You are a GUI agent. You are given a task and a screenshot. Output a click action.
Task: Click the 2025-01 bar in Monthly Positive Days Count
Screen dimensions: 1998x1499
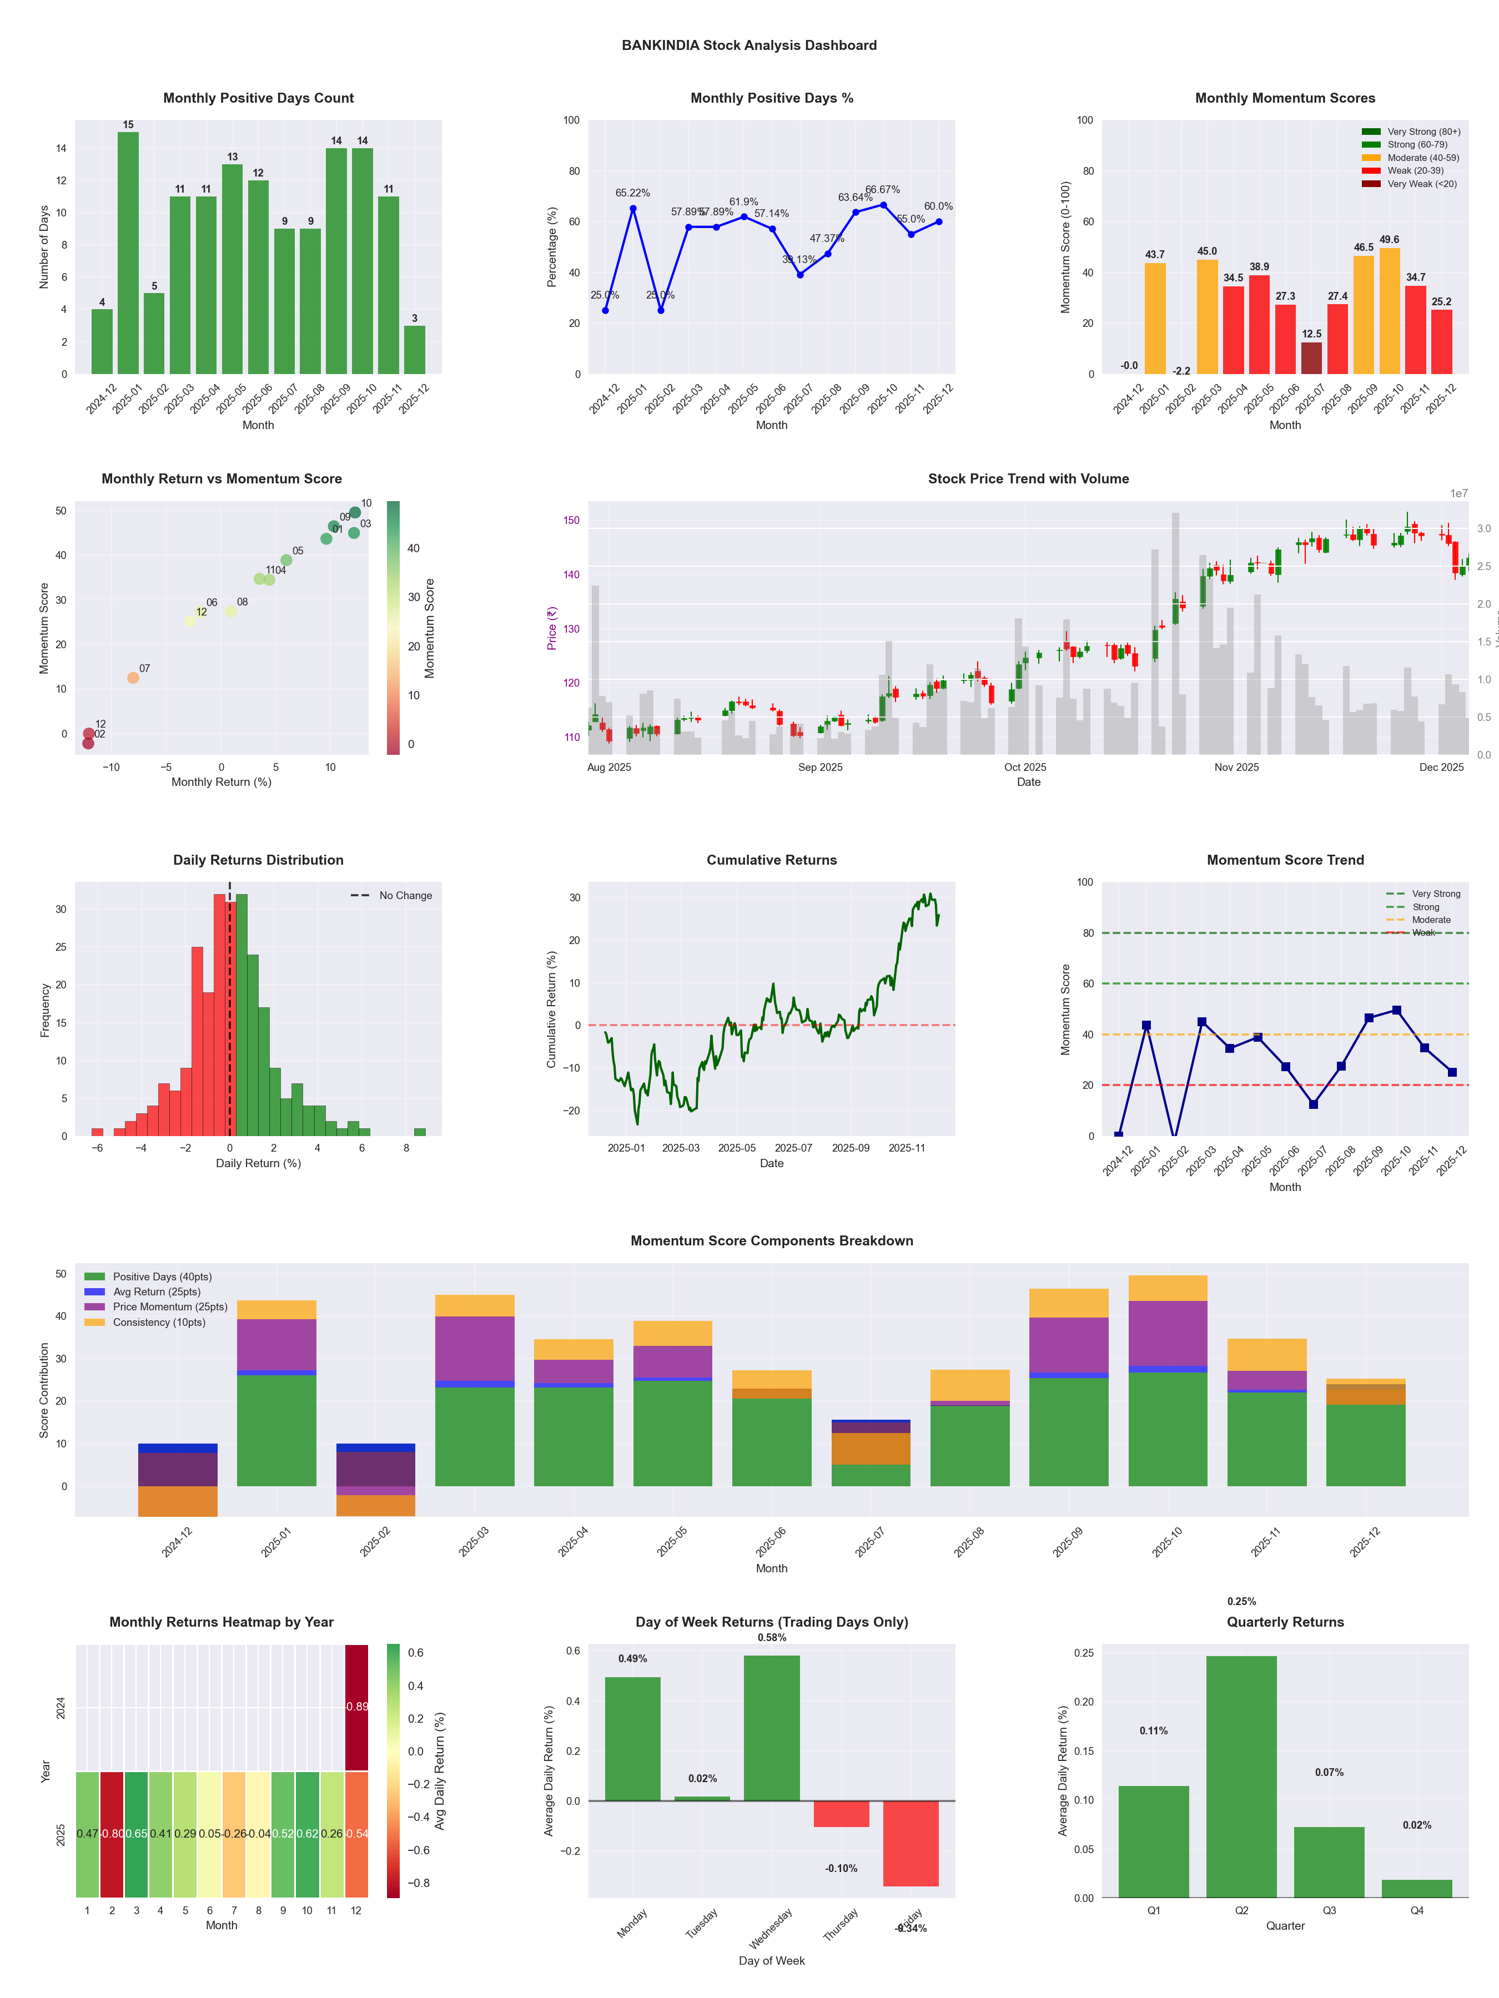[128, 253]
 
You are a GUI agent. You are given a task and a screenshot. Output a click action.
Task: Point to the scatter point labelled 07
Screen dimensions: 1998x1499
[133, 678]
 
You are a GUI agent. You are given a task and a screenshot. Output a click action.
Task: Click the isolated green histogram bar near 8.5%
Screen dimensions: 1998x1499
[419, 1132]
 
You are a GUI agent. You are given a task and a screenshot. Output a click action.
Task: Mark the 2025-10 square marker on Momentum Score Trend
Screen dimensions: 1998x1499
[1397, 1011]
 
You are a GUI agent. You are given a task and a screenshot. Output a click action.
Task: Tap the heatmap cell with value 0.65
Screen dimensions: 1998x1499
[137, 1834]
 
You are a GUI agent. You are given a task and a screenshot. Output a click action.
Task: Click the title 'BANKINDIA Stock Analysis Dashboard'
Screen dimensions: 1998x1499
[749, 45]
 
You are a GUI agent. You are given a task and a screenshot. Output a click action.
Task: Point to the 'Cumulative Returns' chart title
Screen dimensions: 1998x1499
[772, 860]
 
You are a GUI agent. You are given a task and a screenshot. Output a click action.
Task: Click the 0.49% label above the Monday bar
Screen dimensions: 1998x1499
[632, 1659]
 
